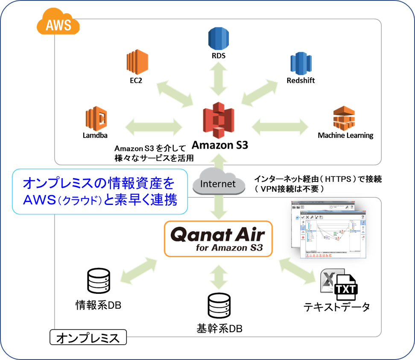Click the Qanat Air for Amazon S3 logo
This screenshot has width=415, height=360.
click(x=218, y=239)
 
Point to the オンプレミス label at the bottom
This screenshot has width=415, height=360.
click(x=88, y=339)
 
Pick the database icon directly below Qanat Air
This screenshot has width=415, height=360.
click(x=219, y=305)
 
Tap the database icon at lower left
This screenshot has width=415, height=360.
click(x=99, y=281)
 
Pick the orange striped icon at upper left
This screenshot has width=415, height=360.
click(x=137, y=62)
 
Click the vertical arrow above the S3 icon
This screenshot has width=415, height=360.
click(x=219, y=79)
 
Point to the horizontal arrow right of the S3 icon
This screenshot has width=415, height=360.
click(x=280, y=127)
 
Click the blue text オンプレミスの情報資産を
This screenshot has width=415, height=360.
click(x=99, y=184)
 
